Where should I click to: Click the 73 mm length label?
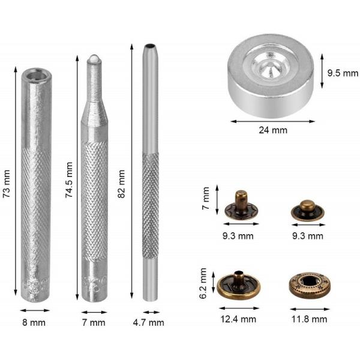tap(7, 184)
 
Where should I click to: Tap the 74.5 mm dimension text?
tap(69, 179)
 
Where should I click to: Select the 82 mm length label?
tap(121, 184)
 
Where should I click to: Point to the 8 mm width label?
tap(34, 323)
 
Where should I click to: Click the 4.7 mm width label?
tap(149, 323)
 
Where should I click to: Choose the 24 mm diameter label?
tap(273, 130)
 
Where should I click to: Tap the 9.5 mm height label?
tap(343, 73)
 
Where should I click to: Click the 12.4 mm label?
tap(238, 319)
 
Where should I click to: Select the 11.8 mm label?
tap(309, 319)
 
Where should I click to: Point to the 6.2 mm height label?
tap(203, 283)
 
